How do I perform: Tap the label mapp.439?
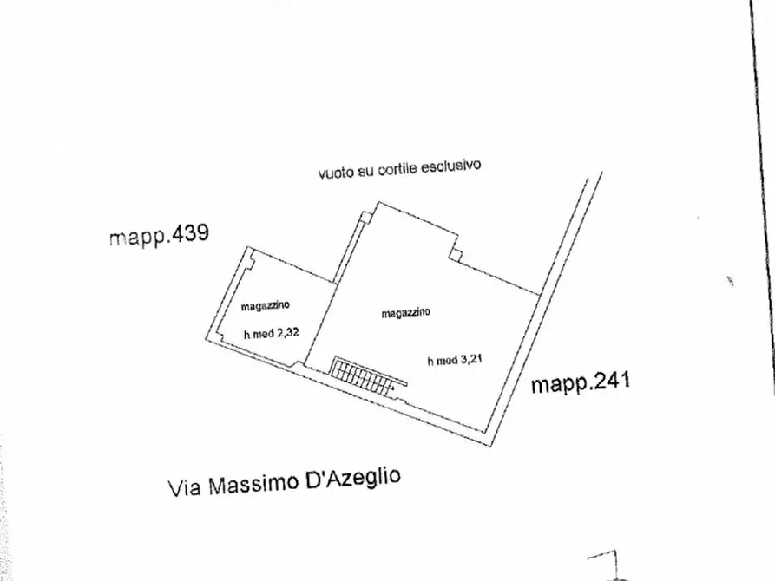coord(160,235)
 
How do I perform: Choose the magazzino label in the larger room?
coord(407,313)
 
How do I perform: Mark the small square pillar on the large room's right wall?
coord(456,254)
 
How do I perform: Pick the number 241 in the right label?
coord(607,381)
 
